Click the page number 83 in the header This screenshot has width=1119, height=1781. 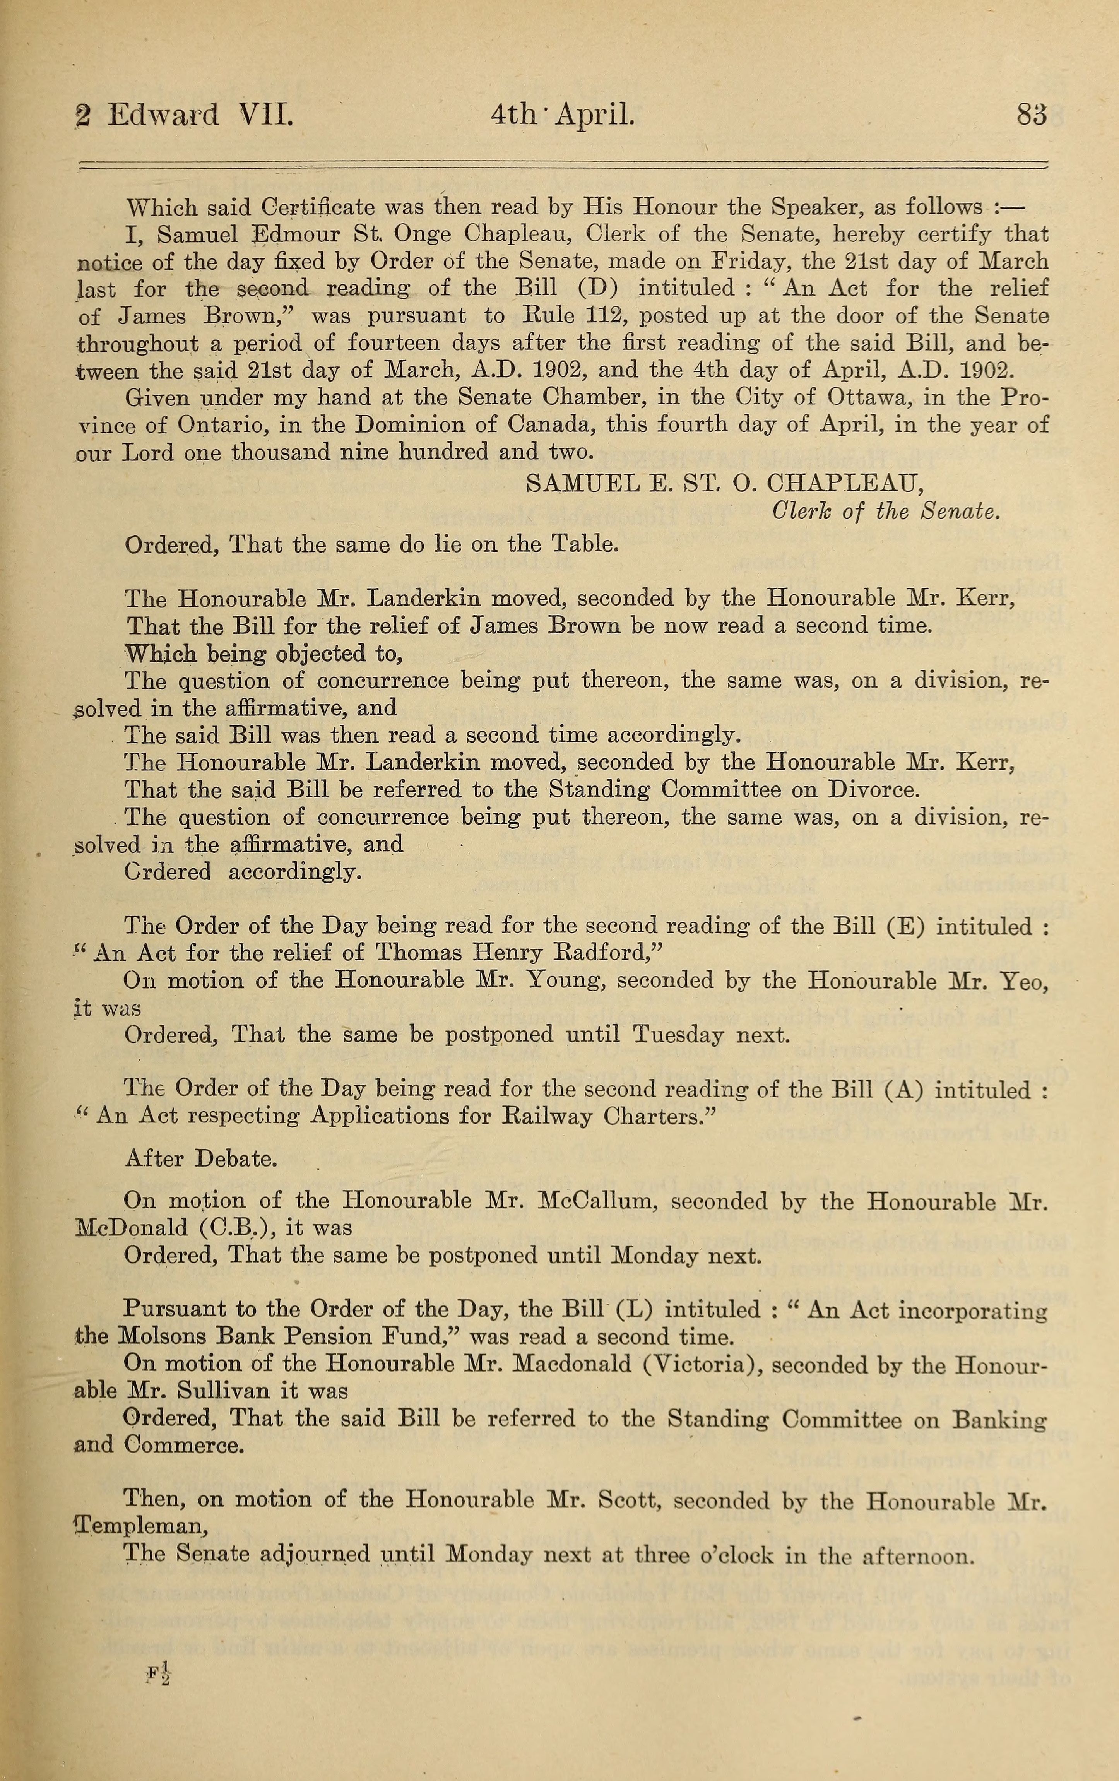[x=1032, y=116]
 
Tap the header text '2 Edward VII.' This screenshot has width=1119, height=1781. [x=185, y=116]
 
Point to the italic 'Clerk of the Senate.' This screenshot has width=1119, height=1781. [x=885, y=511]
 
